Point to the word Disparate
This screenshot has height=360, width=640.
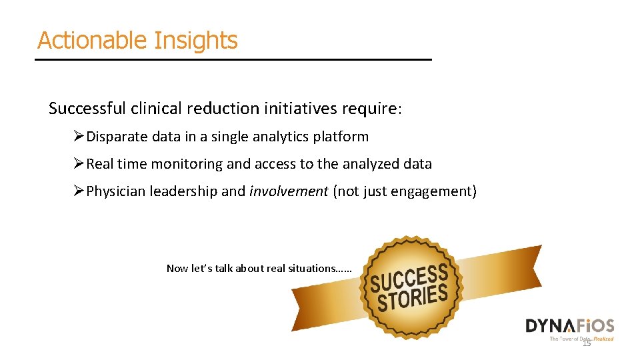[x=117, y=137]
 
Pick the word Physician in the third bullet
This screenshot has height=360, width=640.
[x=116, y=192]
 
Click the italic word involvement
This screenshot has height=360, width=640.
[x=289, y=192]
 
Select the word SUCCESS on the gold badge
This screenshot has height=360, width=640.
[x=408, y=278]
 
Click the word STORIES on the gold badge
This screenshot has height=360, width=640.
[x=412, y=298]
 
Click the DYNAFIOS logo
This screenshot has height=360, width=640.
[x=569, y=326]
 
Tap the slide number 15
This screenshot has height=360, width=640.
[x=587, y=343]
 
